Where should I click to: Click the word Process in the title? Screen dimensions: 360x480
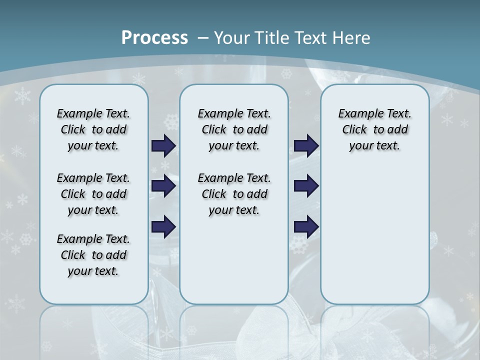click(x=154, y=38)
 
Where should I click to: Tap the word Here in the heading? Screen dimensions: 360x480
click(x=352, y=38)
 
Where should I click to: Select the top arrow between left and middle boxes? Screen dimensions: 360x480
click(x=163, y=145)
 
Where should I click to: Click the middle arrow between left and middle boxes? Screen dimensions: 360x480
click(x=163, y=186)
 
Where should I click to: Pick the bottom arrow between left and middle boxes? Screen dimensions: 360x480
click(x=163, y=227)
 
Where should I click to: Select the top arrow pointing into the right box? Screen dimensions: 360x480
click(x=306, y=145)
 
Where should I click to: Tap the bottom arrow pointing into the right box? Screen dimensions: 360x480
click(x=306, y=227)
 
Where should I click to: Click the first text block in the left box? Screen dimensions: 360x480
click(x=93, y=129)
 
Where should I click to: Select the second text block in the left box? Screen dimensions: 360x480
click(x=93, y=194)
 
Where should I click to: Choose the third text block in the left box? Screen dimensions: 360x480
click(x=93, y=255)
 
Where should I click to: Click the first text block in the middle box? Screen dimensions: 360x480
click(x=234, y=129)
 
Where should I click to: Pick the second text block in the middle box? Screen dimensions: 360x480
click(x=234, y=194)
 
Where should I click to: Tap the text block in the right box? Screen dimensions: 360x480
click(x=374, y=129)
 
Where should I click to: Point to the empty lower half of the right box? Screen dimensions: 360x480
click(x=374, y=240)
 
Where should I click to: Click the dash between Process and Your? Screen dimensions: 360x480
click(x=203, y=38)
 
